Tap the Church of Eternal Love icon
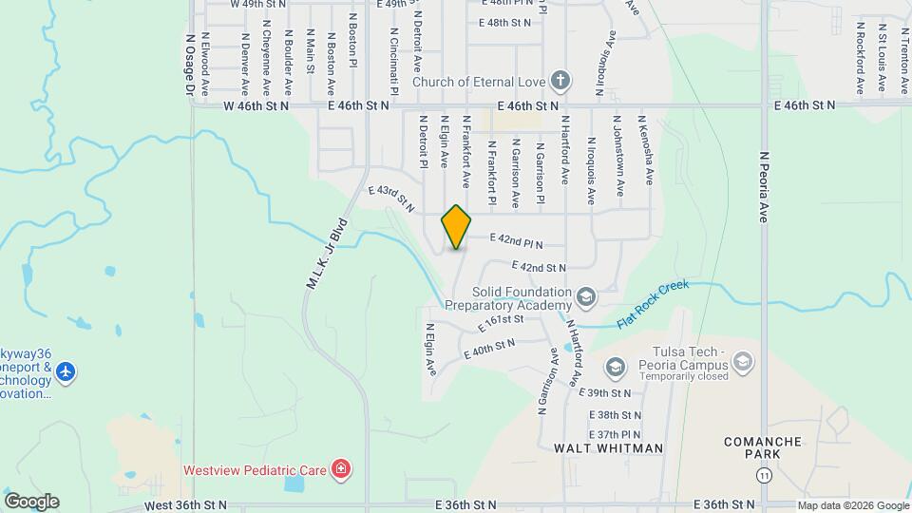point(561,81)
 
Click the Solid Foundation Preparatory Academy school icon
point(586,298)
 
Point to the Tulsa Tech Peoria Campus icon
point(742,361)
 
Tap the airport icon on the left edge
point(65,371)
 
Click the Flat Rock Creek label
point(653,304)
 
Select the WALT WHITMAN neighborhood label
point(608,447)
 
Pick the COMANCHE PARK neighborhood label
point(764,448)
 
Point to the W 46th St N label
point(256,106)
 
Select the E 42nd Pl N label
point(516,243)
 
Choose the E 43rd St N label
point(392,197)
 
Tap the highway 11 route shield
point(766,474)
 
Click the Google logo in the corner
point(31,501)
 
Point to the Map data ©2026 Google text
point(853,505)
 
